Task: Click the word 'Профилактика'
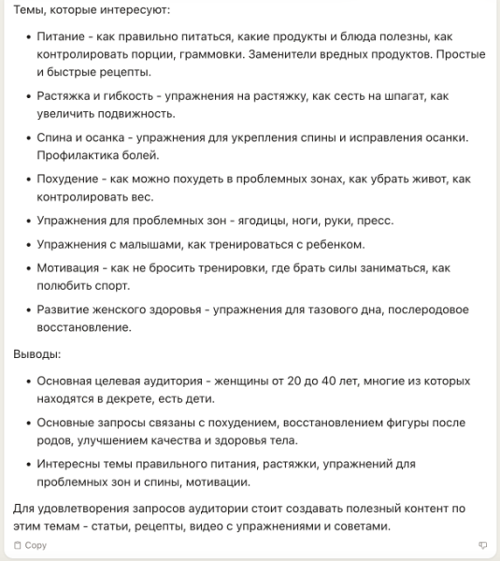pos(77,155)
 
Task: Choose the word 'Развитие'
pos(64,310)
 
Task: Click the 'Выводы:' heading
pos(37,355)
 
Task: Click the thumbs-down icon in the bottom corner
pos(483,544)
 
